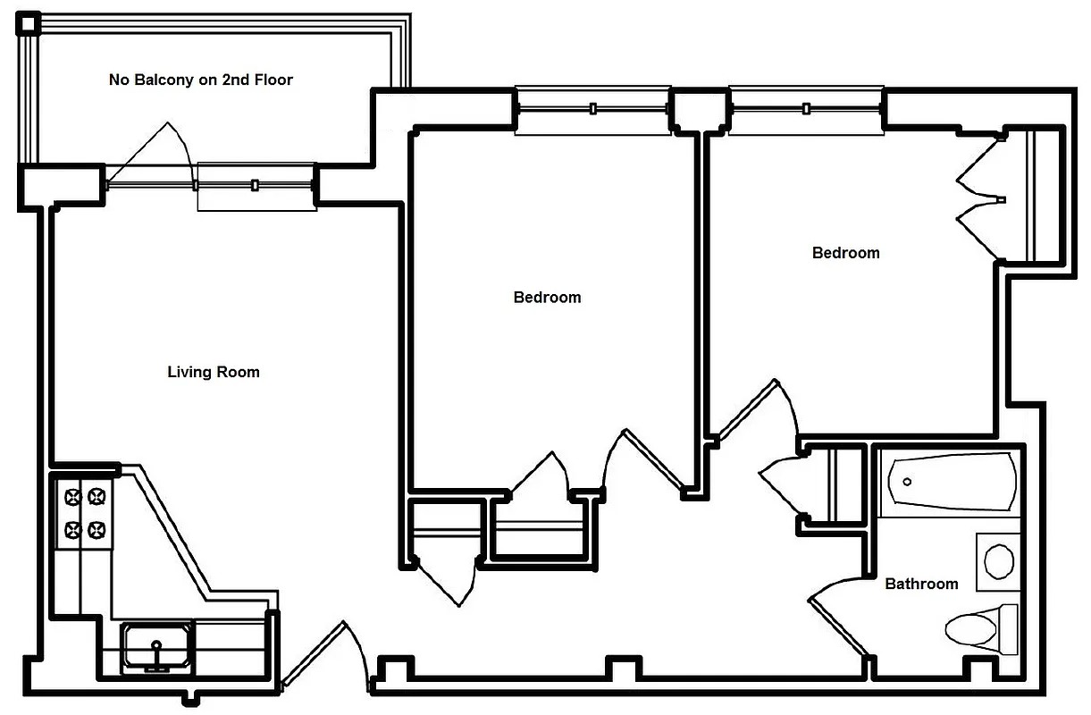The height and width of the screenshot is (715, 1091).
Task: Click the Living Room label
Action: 214,372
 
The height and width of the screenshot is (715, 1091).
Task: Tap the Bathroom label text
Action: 921,584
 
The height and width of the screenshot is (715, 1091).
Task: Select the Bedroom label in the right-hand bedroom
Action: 845,253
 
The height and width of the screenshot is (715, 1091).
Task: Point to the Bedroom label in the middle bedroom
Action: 547,297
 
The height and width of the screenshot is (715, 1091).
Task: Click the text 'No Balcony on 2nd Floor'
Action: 201,80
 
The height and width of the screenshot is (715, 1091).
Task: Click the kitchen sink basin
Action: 156,646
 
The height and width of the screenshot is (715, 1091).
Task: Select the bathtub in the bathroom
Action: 948,483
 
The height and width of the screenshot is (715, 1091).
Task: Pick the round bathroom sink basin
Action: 998,562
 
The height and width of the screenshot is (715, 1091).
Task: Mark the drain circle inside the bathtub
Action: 907,482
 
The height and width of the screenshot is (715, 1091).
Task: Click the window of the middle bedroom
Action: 592,109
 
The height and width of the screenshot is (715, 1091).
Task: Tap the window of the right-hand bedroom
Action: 806,109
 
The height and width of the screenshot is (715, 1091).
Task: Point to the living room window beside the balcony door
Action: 256,186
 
